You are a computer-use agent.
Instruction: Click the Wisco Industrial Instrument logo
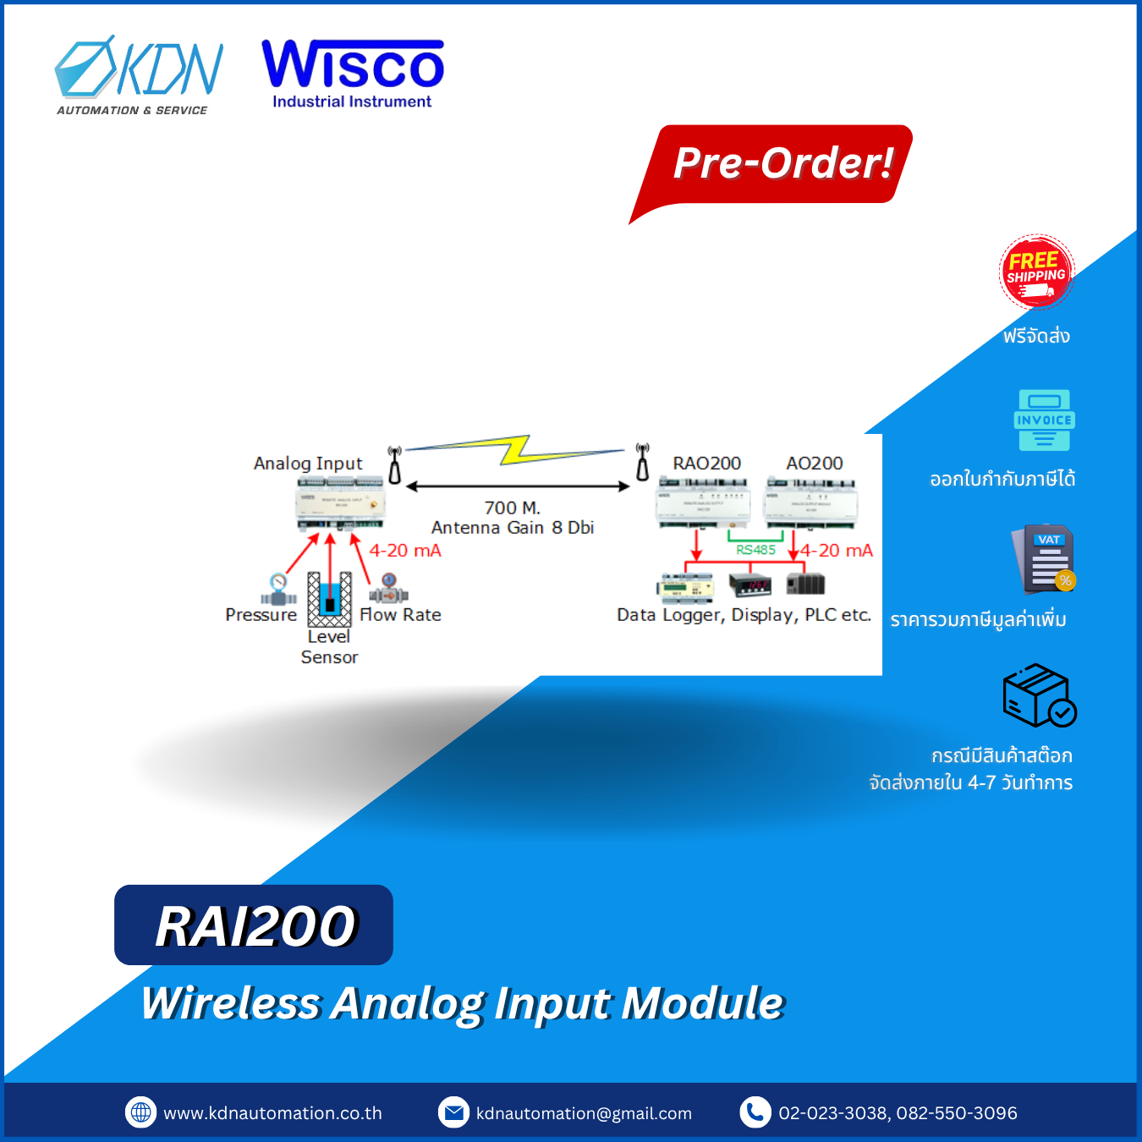click(x=353, y=74)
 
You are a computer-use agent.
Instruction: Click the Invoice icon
click(x=1044, y=420)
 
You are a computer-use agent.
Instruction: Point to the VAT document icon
click(x=1045, y=559)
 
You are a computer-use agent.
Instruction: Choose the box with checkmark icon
click(x=1039, y=696)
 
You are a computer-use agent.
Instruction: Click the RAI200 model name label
click(x=254, y=925)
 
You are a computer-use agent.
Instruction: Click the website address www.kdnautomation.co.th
click(x=272, y=1113)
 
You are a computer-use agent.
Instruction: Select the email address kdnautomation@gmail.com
click(x=584, y=1113)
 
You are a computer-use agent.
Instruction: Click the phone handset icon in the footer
click(x=755, y=1112)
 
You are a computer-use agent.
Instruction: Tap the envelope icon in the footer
click(x=453, y=1112)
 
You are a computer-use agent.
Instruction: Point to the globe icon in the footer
click(x=141, y=1112)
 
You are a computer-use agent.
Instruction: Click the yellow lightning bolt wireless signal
click(x=515, y=449)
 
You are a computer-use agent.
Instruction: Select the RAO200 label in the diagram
click(x=706, y=464)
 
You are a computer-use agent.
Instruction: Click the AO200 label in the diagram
click(x=814, y=464)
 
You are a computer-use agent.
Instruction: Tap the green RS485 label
click(x=755, y=550)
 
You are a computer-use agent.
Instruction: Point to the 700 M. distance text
click(x=512, y=508)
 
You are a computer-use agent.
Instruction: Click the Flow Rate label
click(x=400, y=615)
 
